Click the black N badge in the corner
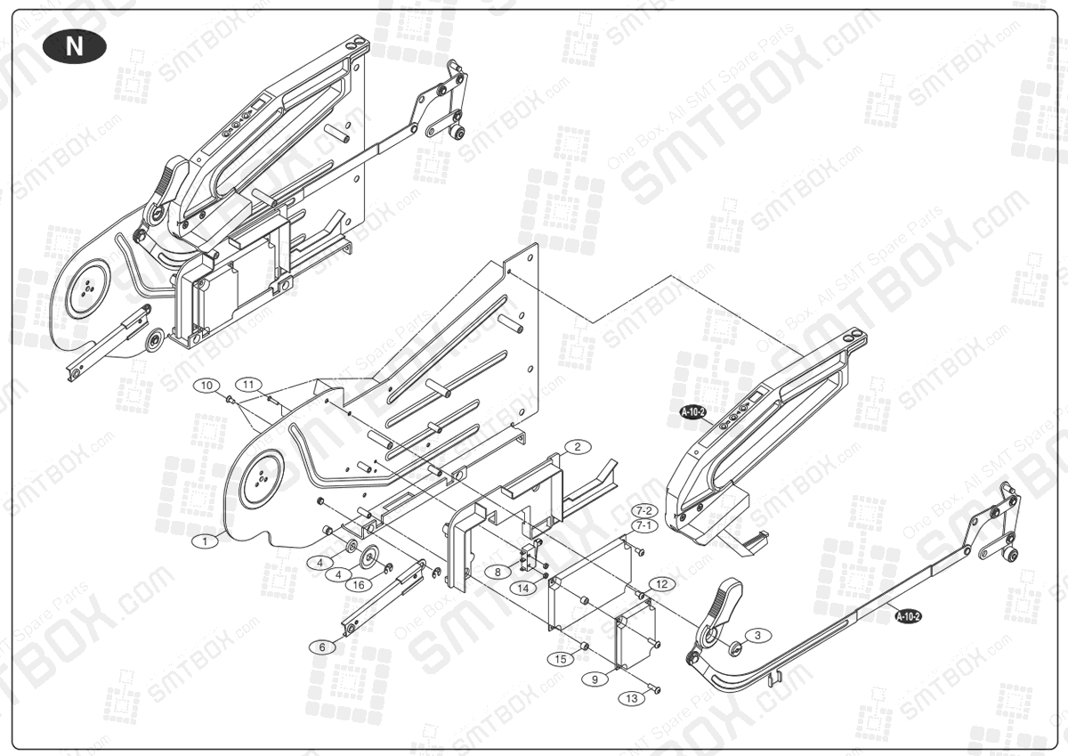(x=74, y=46)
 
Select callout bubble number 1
(x=205, y=540)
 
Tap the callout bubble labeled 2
(x=577, y=447)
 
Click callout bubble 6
(x=322, y=646)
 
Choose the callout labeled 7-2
(x=644, y=510)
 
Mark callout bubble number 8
(x=498, y=571)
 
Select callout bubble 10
(x=207, y=386)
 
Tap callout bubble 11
(x=250, y=384)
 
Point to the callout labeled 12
(x=661, y=583)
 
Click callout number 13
(x=631, y=698)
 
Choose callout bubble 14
(x=525, y=588)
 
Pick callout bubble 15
(x=560, y=659)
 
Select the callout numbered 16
(x=358, y=584)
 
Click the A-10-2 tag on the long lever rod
(x=908, y=615)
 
